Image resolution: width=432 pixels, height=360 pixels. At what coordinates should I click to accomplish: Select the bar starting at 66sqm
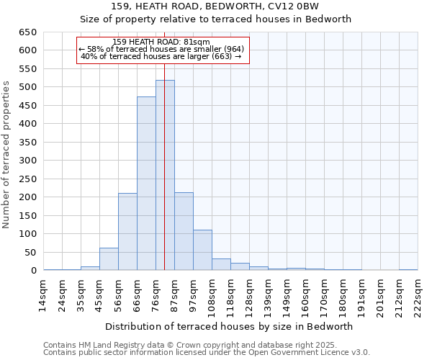(x=146, y=184)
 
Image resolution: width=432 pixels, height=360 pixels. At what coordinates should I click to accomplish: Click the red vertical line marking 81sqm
(x=164, y=144)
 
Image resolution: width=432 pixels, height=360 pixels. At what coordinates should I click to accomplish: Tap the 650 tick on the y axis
(x=27, y=32)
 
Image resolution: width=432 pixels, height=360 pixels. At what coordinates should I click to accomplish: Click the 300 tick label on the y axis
(x=27, y=161)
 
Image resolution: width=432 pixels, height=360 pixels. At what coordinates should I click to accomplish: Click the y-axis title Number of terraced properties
(x=6, y=155)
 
